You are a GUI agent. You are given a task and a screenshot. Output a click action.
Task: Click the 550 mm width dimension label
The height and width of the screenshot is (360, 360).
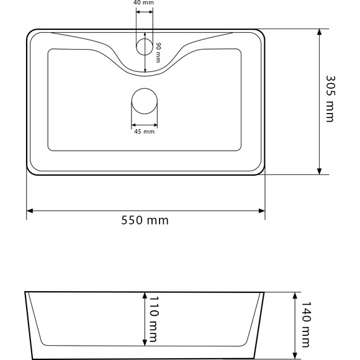[145, 220]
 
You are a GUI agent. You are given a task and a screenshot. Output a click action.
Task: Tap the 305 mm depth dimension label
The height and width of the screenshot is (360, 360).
[331, 99]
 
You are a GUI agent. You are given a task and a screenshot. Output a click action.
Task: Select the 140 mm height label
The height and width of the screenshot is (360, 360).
[305, 325]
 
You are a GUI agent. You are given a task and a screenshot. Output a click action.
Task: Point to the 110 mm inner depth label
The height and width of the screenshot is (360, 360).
[154, 319]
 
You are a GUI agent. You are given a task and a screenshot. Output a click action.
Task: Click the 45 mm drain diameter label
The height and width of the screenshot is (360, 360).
[144, 132]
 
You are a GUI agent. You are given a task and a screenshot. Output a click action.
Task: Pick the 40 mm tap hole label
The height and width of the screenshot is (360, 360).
[143, 2]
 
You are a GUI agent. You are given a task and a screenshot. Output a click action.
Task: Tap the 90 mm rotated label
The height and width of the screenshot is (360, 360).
[158, 53]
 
